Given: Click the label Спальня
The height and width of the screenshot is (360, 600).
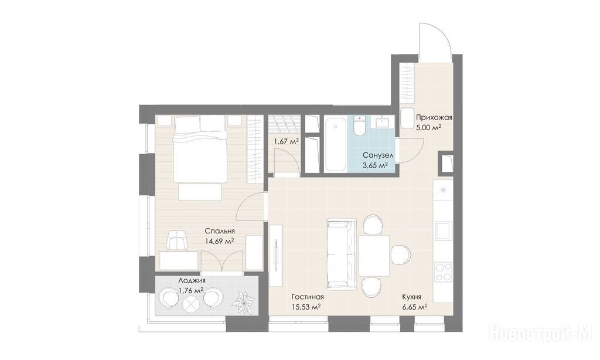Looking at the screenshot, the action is [x=220, y=231].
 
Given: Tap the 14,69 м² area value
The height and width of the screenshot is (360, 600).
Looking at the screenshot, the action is [x=220, y=242].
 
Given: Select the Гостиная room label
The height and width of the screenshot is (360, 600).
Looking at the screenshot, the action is [x=308, y=297].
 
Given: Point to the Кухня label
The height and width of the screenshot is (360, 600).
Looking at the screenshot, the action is [x=412, y=297].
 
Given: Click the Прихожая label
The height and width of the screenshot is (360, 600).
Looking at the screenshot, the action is [x=434, y=118].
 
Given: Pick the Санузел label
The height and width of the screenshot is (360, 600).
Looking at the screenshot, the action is [x=378, y=155].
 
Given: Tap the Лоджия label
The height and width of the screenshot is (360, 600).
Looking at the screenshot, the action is [x=192, y=280].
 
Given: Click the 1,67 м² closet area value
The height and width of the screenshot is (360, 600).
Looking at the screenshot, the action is [x=286, y=142].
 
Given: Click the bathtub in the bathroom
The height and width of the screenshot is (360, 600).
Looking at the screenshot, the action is [x=336, y=144].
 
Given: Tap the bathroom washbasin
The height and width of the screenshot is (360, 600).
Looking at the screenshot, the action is [x=383, y=121].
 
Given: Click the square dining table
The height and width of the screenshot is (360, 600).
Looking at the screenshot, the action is [x=374, y=256].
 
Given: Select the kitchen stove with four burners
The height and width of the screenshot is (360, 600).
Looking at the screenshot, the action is [x=444, y=271].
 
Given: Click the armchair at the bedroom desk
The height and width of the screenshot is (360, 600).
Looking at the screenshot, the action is [x=177, y=240].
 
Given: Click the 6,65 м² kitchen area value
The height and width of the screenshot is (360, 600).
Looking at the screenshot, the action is [x=414, y=307].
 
